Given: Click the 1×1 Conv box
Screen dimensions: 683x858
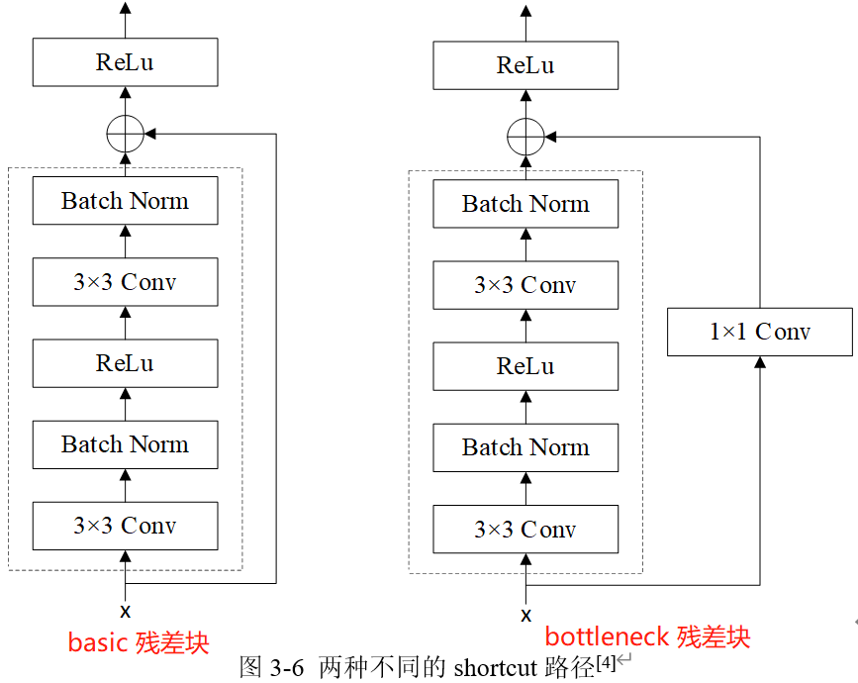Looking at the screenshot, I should (759, 332).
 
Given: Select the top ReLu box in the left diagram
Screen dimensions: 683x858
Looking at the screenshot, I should (125, 62).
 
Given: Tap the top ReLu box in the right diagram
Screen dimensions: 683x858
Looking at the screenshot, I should (525, 65).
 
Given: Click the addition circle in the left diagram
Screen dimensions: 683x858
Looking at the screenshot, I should (125, 133).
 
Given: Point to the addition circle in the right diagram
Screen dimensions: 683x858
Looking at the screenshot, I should (525, 136).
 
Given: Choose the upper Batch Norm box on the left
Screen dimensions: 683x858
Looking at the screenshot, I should (125, 201).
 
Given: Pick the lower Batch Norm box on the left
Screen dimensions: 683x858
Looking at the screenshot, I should (125, 444).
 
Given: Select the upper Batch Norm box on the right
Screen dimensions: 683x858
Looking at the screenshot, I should (525, 204).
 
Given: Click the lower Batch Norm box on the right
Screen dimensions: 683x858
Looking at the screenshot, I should (525, 447).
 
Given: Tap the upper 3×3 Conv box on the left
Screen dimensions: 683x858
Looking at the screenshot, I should (125, 282).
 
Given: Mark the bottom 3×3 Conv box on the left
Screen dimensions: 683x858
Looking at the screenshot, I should (125, 526).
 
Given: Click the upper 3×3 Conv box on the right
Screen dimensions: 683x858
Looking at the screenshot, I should (525, 285).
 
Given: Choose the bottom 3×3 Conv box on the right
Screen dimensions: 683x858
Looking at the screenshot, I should (525, 530).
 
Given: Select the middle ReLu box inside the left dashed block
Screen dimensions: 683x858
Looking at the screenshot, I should (125, 363).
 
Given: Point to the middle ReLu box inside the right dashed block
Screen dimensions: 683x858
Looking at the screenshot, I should (525, 366).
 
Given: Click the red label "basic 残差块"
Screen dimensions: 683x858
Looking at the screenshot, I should (139, 642).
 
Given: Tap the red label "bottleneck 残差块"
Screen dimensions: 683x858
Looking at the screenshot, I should (647, 636).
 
